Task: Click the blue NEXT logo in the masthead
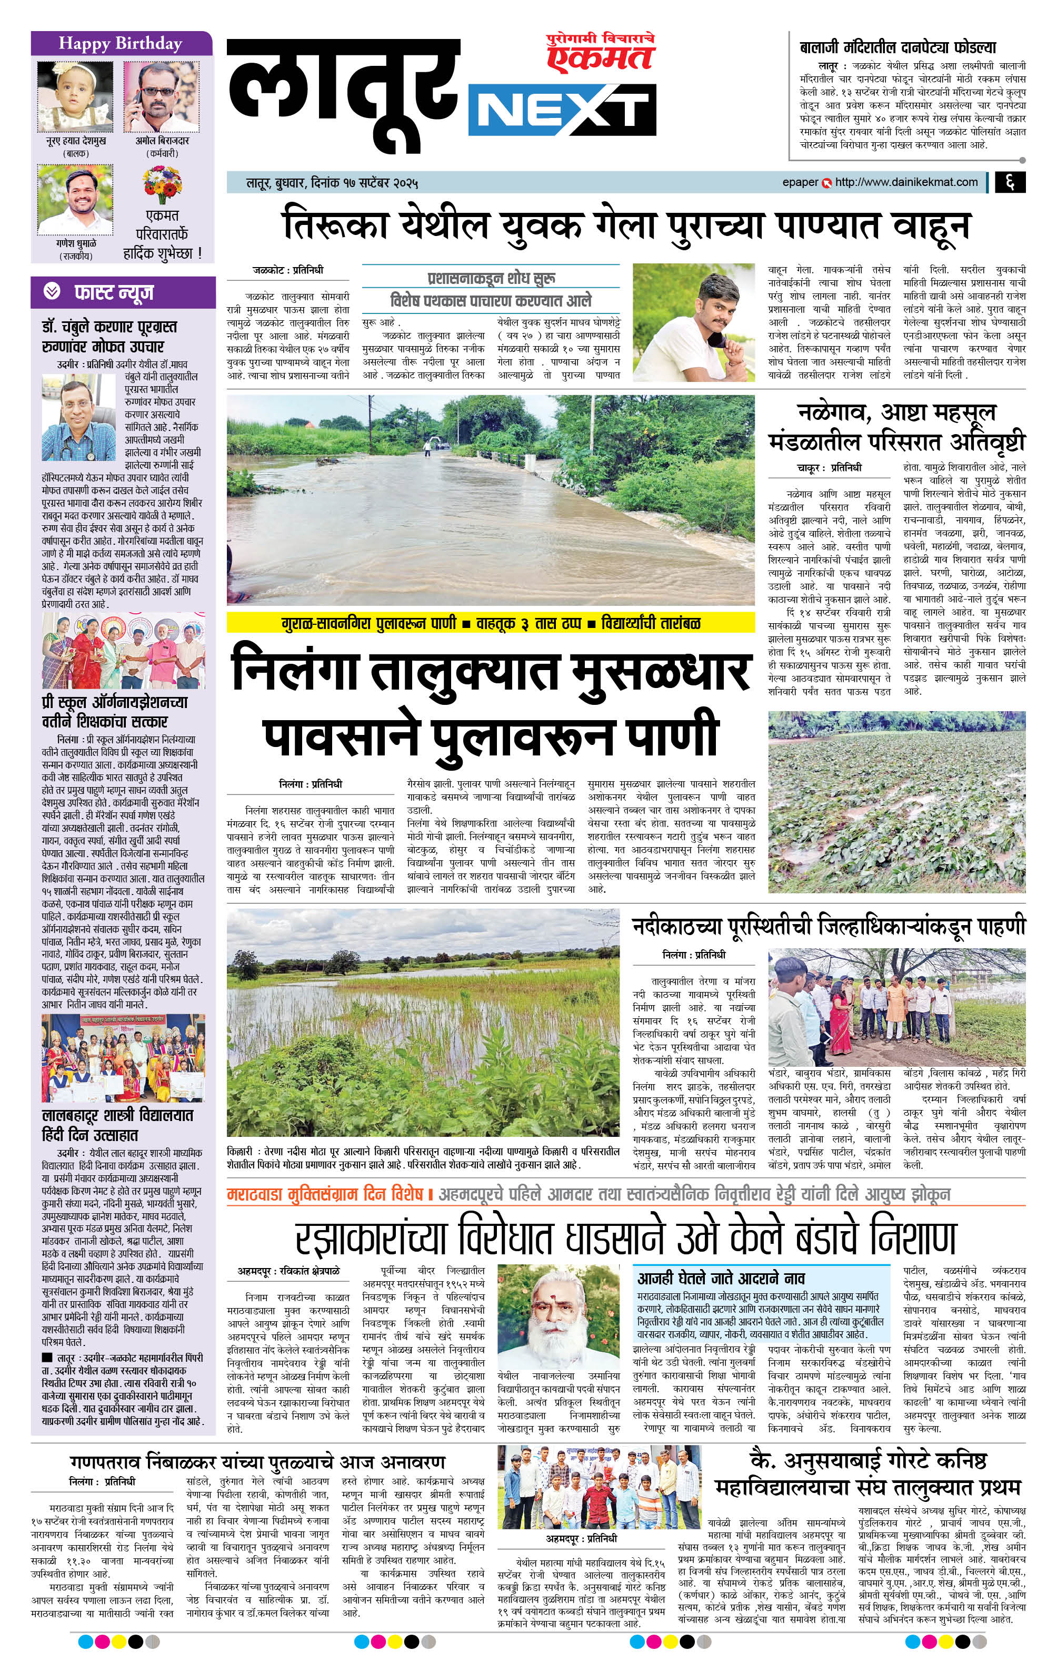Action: click(x=562, y=110)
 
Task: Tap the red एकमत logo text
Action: click(x=600, y=58)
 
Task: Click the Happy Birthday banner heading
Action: click(x=121, y=43)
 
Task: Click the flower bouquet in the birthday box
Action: click(x=162, y=184)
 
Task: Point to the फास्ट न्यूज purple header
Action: click(x=114, y=292)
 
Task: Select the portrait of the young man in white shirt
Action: click(x=693, y=322)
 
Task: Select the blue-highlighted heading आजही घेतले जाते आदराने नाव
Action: click(x=721, y=1278)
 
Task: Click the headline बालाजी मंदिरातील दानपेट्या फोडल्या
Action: click(x=898, y=47)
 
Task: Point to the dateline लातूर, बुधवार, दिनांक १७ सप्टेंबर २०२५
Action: click(x=332, y=183)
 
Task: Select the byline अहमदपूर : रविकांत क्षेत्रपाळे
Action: click(x=288, y=1271)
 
